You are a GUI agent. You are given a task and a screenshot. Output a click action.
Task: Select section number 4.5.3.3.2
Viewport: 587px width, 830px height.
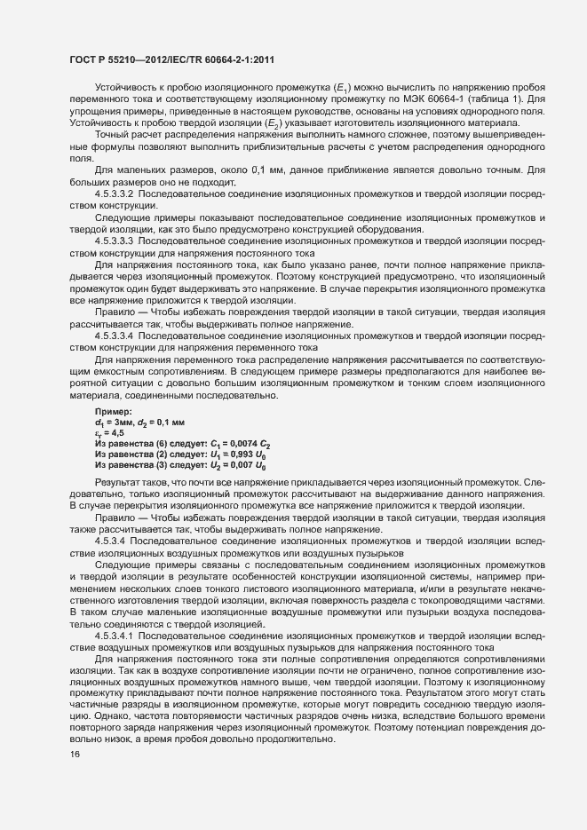point(114,193)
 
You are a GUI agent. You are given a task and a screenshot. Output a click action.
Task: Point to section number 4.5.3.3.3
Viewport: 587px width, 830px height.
point(114,240)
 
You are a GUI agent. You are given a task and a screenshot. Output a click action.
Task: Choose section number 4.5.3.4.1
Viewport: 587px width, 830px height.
point(114,636)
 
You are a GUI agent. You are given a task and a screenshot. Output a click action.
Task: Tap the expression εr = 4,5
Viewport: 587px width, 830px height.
point(110,423)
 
